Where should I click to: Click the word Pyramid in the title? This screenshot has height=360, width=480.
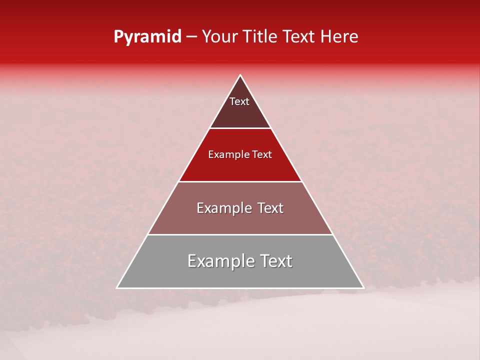tap(147, 37)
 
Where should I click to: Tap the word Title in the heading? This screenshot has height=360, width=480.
tap(263, 37)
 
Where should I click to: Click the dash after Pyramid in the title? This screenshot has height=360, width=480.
tap(191, 37)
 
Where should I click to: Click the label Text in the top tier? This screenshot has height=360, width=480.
tap(239, 101)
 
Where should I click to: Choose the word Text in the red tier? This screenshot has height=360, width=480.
tap(262, 155)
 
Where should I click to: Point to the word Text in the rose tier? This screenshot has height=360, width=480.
tap(270, 208)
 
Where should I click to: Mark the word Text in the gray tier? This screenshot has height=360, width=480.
tap(276, 261)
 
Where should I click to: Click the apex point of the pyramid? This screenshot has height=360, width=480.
tap(240, 75)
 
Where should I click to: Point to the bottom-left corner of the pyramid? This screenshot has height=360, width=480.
tap(117, 287)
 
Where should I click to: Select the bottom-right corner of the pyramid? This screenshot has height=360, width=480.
tap(363, 287)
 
